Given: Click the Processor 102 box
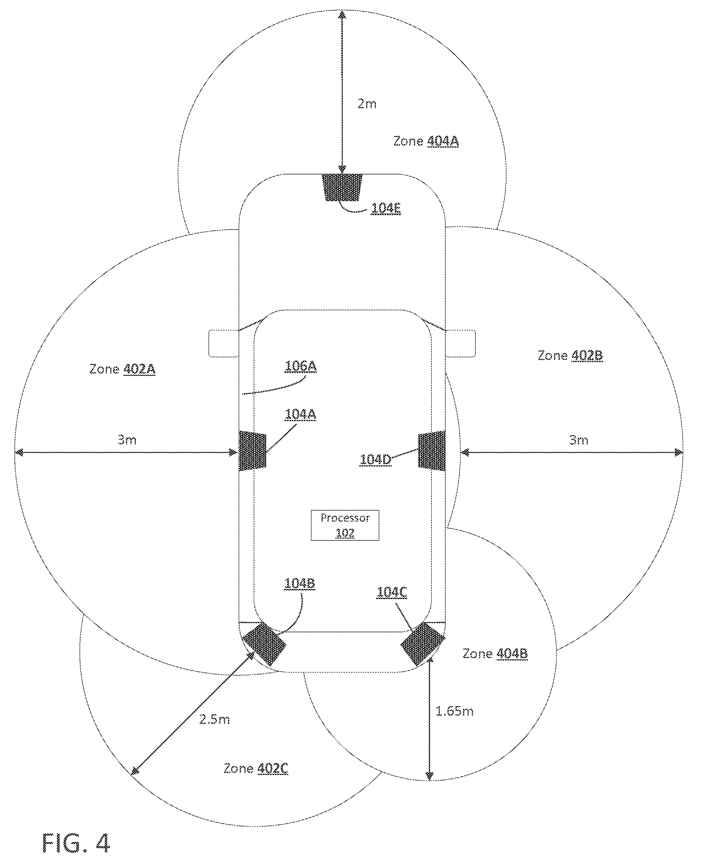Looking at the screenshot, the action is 345,525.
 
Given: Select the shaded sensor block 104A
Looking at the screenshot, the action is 252,451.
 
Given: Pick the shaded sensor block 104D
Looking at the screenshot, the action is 431,451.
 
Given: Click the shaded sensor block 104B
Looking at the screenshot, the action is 264,645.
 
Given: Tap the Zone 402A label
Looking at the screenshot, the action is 122,369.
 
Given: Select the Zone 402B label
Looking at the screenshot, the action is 570,355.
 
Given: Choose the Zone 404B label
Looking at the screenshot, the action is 495,654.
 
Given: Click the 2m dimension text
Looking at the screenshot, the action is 367,104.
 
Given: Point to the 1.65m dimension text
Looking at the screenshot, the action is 454,711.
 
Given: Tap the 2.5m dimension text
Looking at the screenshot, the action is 214,719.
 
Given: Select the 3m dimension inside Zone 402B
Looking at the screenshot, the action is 579,440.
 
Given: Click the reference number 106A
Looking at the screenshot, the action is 301,366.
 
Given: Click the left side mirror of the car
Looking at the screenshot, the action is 224,343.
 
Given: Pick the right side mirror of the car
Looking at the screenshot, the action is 460,343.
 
